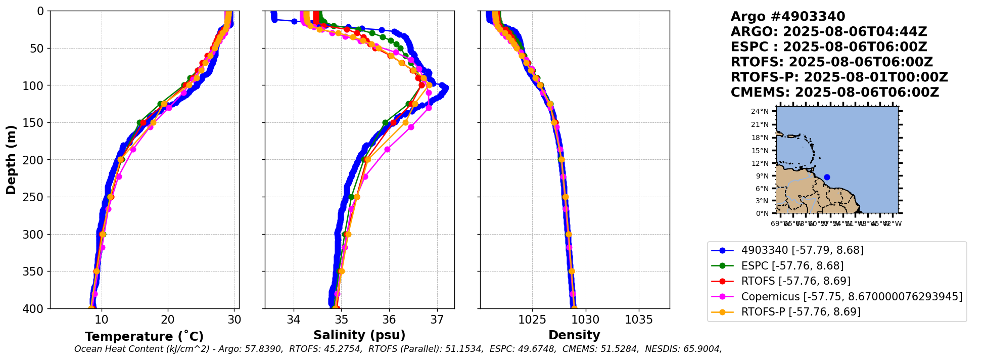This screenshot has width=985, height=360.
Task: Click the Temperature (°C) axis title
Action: coord(144,337)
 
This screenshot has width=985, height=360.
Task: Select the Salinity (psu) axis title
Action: coord(359,335)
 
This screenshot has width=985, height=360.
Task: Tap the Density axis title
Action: coord(574,335)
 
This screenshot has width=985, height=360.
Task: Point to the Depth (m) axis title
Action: coord(11,160)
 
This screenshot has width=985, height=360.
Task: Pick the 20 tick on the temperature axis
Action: coord(168,320)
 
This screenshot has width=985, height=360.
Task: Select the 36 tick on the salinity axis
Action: coord(389,320)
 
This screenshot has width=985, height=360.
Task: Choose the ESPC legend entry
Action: coord(792,266)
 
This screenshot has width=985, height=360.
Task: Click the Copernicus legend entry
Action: coord(851,297)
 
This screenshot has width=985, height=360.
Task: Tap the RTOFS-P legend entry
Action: coord(801,312)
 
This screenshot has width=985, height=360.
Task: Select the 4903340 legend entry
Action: coord(802,250)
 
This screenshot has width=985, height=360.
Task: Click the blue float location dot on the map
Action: coord(827,177)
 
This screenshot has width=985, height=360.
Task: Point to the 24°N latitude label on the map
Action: coord(759,111)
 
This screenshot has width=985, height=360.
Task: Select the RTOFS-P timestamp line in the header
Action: coord(839,77)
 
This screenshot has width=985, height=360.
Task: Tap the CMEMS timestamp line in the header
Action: coord(834,93)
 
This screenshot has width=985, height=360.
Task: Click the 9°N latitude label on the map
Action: coord(761,176)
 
